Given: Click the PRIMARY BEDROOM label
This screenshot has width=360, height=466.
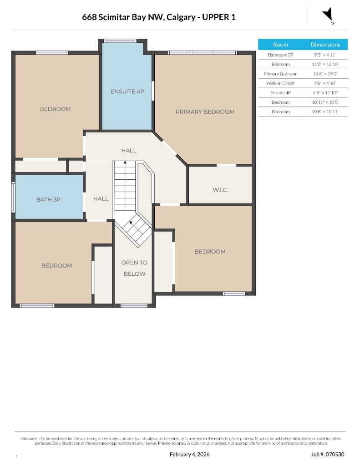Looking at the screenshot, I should tap(205, 112).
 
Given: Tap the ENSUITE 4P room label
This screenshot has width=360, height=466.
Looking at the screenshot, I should tap(127, 91).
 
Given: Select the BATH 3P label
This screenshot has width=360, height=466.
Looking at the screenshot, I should tap(48, 200).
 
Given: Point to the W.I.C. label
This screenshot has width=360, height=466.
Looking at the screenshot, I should tap(220, 190).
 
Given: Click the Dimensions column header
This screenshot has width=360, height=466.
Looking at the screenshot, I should tap(325, 45).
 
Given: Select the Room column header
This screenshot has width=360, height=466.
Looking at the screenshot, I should tap(280, 45).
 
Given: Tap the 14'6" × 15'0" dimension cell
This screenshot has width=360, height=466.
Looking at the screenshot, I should tap(325, 74).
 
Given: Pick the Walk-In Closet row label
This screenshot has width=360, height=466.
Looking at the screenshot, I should tap(280, 83).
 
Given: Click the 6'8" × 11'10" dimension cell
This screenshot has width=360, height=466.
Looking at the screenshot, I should tap(325, 93).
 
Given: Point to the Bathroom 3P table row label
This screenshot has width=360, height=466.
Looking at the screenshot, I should tap(280, 55).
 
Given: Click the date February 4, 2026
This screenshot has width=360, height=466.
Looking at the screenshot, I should tap(189, 454).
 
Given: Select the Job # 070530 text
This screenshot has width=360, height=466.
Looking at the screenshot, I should tap(328, 454).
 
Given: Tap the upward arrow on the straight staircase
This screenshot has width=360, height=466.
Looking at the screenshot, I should tap(125, 163).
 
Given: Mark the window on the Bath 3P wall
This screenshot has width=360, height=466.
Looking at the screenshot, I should tap(13, 198).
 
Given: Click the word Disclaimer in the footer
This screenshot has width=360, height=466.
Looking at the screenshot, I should tap(30, 438).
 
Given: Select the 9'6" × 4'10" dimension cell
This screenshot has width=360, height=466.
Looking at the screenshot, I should tap(325, 83).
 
